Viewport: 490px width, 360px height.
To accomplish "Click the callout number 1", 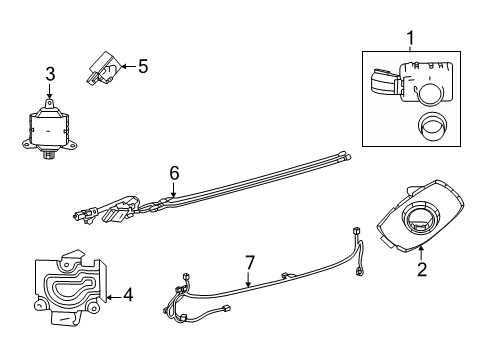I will click(x=408, y=39).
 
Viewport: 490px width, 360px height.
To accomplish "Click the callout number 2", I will click(x=422, y=269).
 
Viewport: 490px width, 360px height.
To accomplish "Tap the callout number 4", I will click(x=127, y=295).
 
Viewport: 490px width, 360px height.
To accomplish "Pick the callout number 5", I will click(x=142, y=67).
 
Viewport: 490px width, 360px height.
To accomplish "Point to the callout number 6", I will click(x=173, y=172).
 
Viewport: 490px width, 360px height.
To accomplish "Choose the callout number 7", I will click(x=250, y=262).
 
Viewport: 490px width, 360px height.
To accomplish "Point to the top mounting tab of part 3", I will click(x=49, y=104).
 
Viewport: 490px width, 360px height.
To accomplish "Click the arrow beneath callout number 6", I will click(x=173, y=188).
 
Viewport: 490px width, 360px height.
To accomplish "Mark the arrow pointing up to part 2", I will click(x=422, y=252).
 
